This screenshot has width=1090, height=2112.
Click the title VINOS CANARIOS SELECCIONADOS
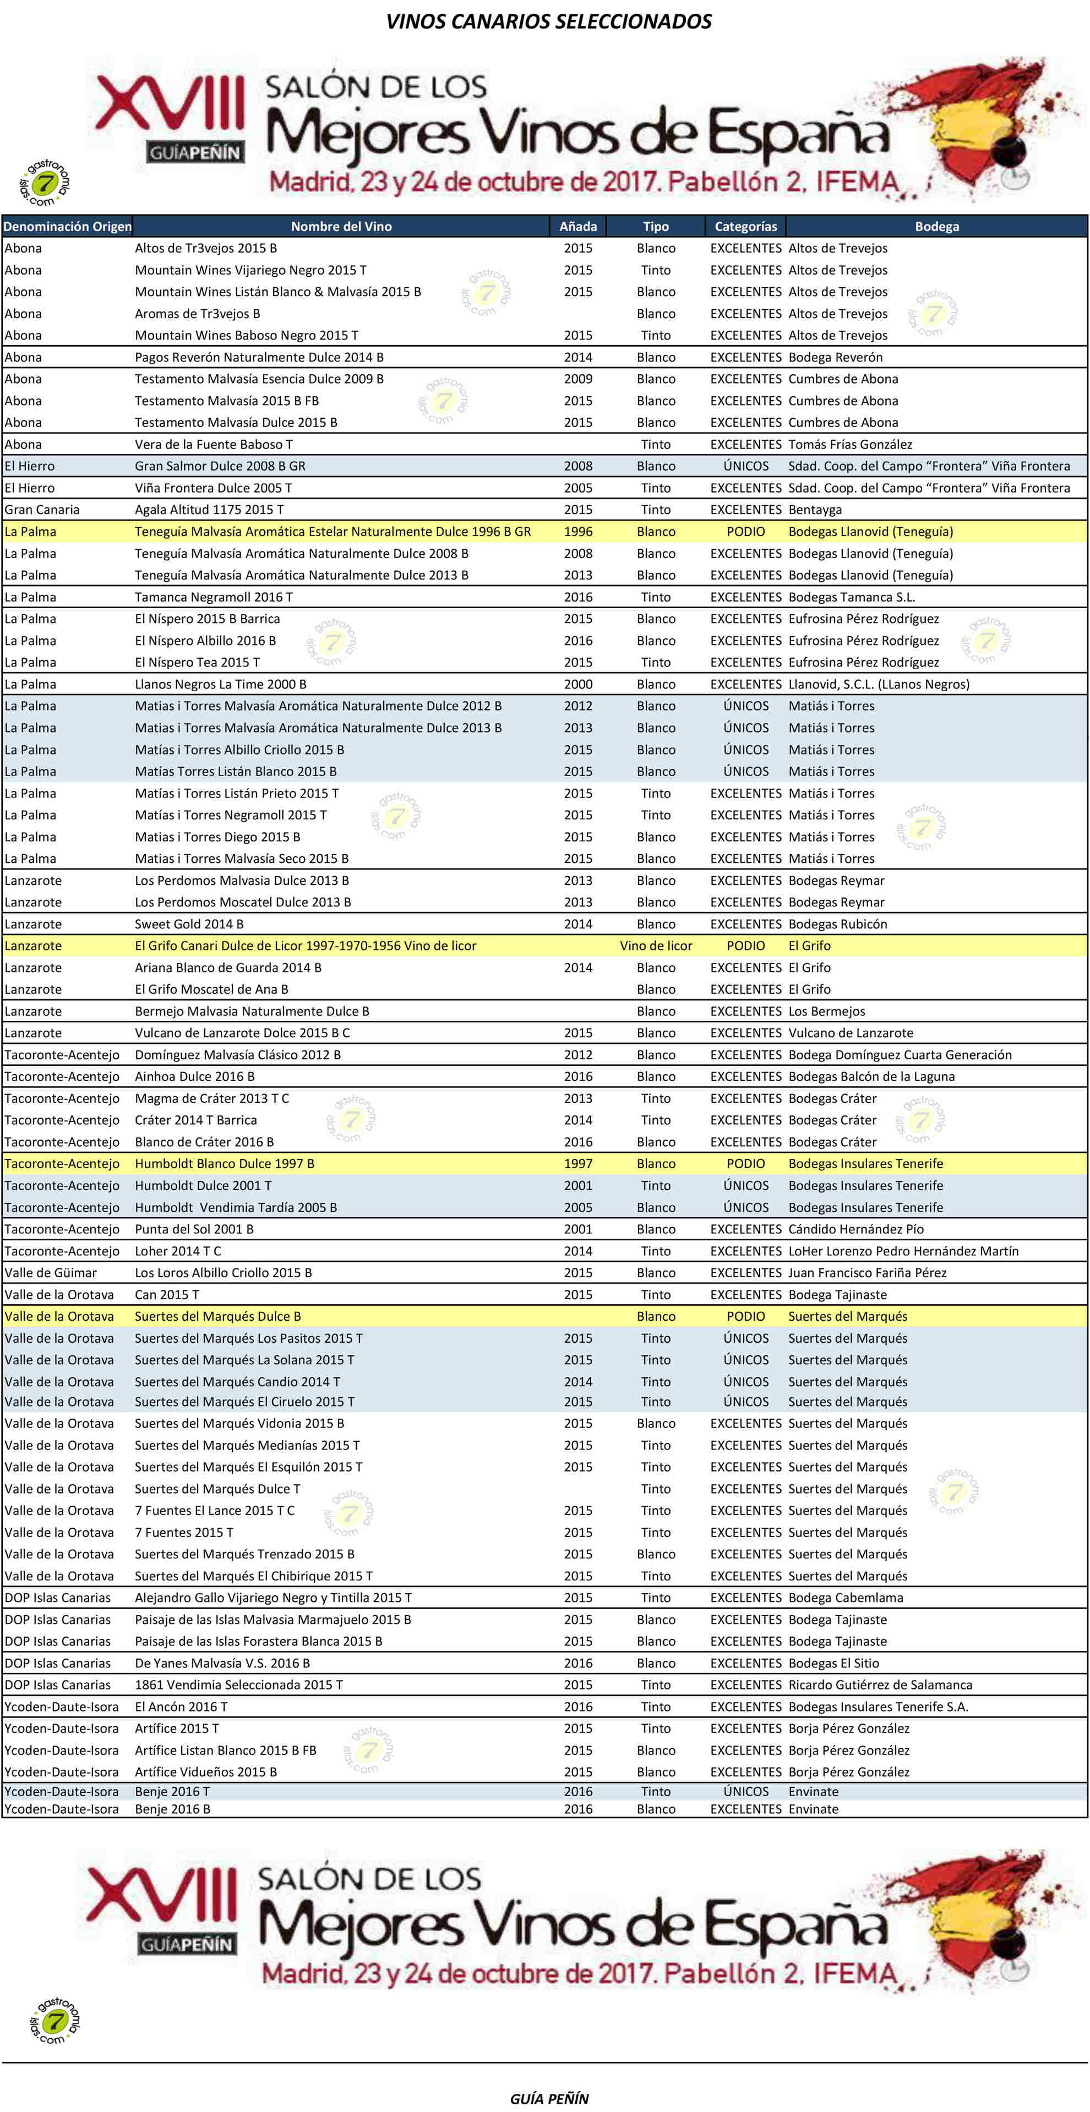coord(549,21)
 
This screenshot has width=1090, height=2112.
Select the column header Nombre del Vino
coord(341,226)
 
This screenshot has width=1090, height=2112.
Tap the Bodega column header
coord(936,226)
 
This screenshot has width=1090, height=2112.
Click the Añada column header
coord(578,226)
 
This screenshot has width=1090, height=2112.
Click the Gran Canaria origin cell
coord(42,509)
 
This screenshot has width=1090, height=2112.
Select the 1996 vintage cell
coord(578,531)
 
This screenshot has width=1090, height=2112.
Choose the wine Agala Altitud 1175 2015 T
coord(209,509)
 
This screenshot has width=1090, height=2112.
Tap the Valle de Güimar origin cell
coord(51,1272)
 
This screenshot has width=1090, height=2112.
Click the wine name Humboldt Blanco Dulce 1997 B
coord(225,1163)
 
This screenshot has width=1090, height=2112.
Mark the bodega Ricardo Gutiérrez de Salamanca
coord(880,1685)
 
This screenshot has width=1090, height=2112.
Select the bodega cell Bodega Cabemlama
coord(846,1597)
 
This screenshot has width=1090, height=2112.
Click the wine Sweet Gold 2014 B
coord(189,924)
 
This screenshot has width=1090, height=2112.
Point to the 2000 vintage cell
coord(578,684)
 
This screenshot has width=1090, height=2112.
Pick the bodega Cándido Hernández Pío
coord(855,1229)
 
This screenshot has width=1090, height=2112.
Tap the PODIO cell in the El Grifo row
coord(745,945)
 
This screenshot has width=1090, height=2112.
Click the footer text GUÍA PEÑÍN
coord(549,2098)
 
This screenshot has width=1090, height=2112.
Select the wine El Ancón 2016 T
coord(181,1706)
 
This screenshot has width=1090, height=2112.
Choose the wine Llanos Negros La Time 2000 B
coord(221,684)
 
